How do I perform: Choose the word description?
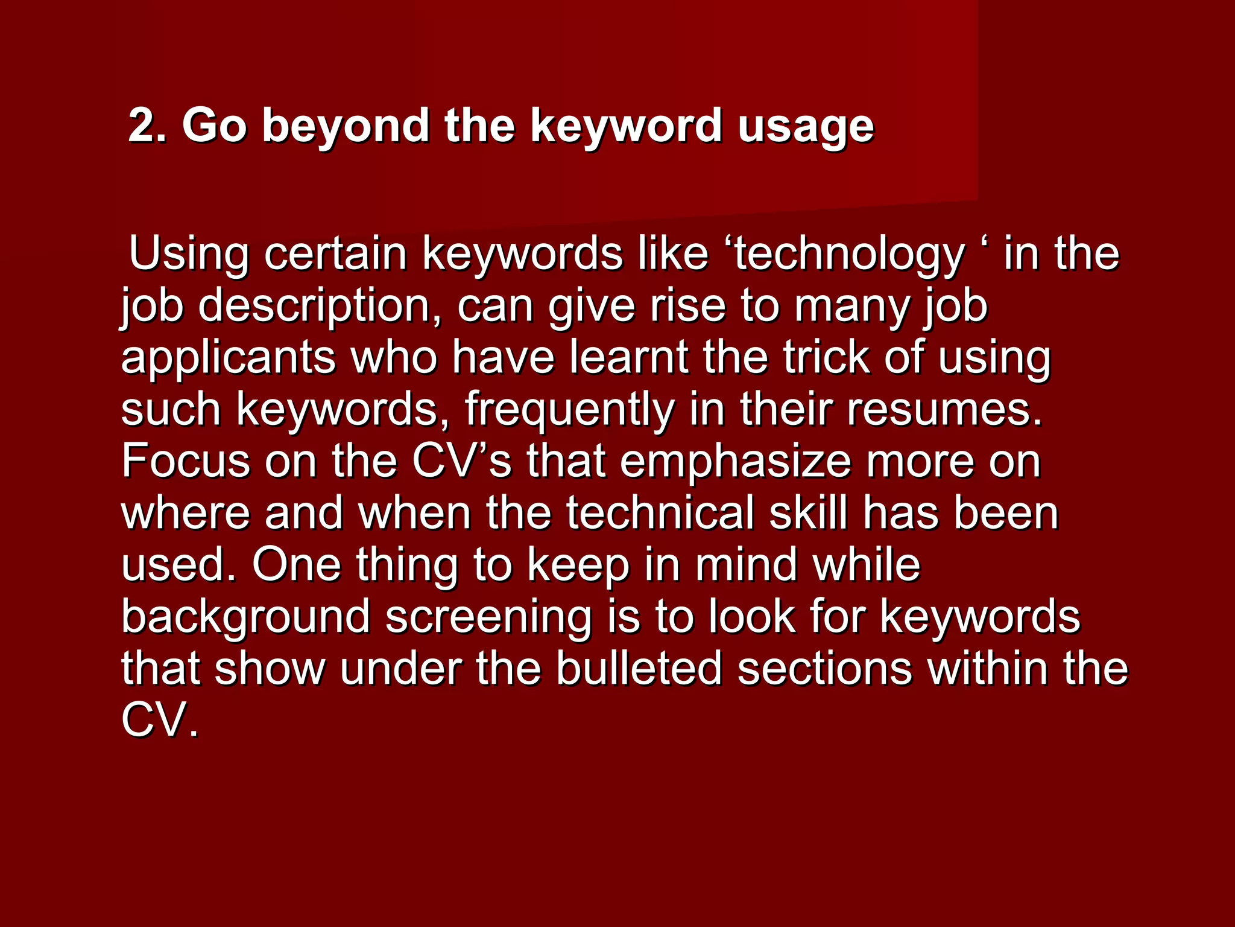point(323,307)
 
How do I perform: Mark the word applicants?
point(228,358)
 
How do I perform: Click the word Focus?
point(186,461)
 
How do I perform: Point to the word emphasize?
point(735,462)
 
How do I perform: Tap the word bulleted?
point(639,669)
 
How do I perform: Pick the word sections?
point(824,669)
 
